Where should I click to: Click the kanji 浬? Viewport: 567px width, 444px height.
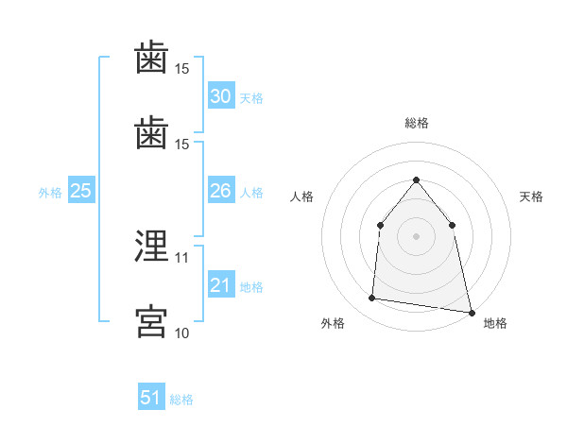[x=151, y=246]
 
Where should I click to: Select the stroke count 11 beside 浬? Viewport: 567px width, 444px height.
[x=181, y=258]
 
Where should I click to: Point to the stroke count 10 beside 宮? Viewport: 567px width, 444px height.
[x=181, y=333]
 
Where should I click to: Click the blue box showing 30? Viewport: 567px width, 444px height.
[x=221, y=95]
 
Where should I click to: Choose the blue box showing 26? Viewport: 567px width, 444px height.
[x=221, y=190]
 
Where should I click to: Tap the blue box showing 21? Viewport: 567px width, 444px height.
[x=221, y=283]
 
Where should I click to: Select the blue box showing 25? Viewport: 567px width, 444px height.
[x=81, y=190]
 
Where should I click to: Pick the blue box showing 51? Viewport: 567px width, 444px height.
[x=151, y=396]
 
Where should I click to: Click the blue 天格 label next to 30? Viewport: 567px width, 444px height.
[x=251, y=98]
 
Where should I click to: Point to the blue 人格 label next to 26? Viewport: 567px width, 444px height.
[x=251, y=193]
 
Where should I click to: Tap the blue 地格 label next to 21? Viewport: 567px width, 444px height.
[x=251, y=287]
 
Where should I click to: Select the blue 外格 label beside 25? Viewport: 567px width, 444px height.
[x=50, y=193]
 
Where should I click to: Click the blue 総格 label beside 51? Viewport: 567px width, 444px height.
[x=181, y=400]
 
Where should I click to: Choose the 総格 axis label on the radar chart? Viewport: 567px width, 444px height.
[x=417, y=123]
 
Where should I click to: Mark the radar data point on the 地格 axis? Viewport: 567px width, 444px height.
[x=472, y=313]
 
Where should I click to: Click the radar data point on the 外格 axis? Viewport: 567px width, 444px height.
[x=371, y=298]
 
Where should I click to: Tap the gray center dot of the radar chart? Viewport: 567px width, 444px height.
[x=416, y=236]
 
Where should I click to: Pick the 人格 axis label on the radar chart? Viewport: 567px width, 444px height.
[x=301, y=196]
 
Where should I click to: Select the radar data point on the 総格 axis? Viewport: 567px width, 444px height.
[x=416, y=179]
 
